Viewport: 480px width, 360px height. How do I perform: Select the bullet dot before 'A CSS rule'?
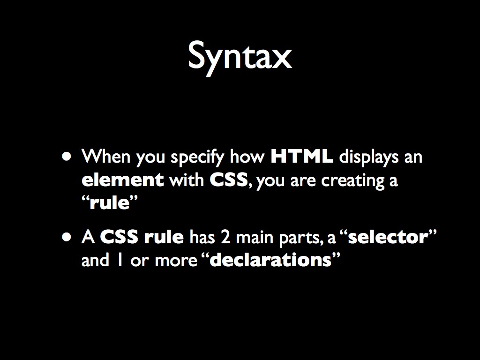coord(69,237)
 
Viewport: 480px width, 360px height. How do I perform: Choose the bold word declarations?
coord(270,260)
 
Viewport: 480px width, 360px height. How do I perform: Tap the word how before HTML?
coord(247,157)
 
